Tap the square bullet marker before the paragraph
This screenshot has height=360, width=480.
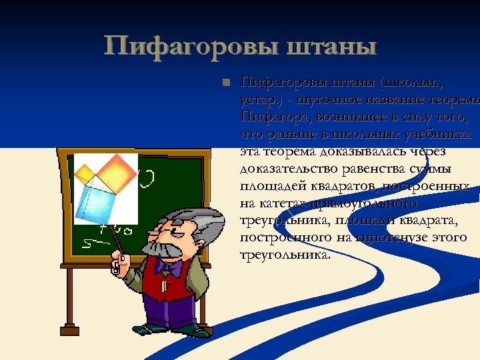point(226,83)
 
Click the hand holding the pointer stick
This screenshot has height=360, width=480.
point(119,263)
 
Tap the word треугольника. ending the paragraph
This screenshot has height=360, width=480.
point(284,255)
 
